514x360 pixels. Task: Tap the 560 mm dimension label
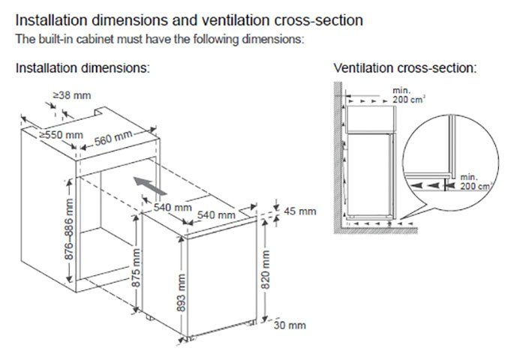point(114,139)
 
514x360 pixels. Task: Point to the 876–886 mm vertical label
point(70,229)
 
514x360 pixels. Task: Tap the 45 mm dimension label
point(299,212)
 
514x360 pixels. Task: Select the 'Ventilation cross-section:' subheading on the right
point(405,68)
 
